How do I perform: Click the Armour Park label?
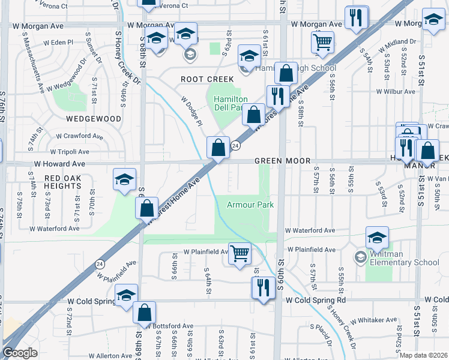pyautogui.click(x=250, y=205)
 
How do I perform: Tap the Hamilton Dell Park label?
pyautogui.click(x=228, y=103)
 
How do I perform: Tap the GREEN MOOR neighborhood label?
pyautogui.click(x=282, y=161)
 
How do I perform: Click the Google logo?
pyautogui.click(x=20, y=353)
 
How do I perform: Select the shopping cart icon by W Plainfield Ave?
pyautogui.click(x=240, y=254)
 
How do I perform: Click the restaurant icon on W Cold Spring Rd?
pyautogui.click(x=263, y=287)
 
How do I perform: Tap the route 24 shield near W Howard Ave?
pyautogui.click(x=236, y=146)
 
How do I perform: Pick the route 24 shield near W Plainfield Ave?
pyautogui.click(x=99, y=263)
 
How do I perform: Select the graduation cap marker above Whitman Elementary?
pyautogui.click(x=377, y=238)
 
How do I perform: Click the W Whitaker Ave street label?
pyautogui.click(x=374, y=320)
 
